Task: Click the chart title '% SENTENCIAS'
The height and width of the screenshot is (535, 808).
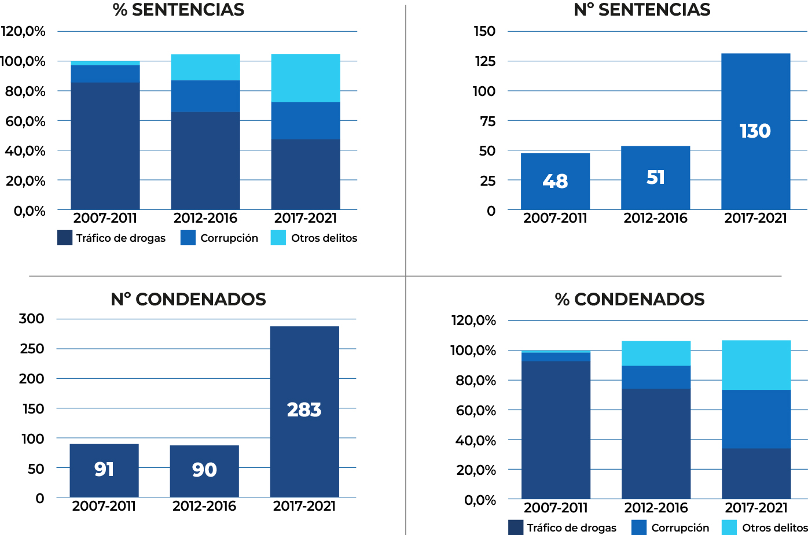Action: [x=178, y=10]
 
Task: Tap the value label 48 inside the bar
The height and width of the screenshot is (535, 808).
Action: [x=555, y=182]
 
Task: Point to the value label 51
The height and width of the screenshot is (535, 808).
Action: [x=655, y=178]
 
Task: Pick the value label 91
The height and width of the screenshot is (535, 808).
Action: [x=104, y=469]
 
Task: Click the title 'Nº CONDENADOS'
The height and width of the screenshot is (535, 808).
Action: [x=188, y=299]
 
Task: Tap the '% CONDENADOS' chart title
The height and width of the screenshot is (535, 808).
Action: [x=630, y=299]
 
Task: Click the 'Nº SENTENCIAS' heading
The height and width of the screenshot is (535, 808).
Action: [x=642, y=10]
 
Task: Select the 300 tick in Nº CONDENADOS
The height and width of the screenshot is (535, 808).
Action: [x=31, y=319]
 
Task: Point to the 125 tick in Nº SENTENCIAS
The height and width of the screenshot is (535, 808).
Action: [x=485, y=61]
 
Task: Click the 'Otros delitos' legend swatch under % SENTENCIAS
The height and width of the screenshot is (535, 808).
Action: [x=278, y=238]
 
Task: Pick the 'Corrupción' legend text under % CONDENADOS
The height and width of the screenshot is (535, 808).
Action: [x=680, y=527]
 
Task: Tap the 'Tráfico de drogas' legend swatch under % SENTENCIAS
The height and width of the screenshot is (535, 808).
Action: [x=65, y=238]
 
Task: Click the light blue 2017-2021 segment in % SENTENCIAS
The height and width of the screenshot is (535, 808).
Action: [x=306, y=78]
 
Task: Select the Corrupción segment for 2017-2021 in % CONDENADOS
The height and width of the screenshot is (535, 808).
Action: [x=756, y=419]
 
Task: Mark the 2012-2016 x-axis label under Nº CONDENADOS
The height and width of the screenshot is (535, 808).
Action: [x=204, y=506]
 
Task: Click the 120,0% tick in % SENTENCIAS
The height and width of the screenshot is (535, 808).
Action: [x=23, y=31]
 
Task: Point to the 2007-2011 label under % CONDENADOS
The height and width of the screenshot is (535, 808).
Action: [x=556, y=508]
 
